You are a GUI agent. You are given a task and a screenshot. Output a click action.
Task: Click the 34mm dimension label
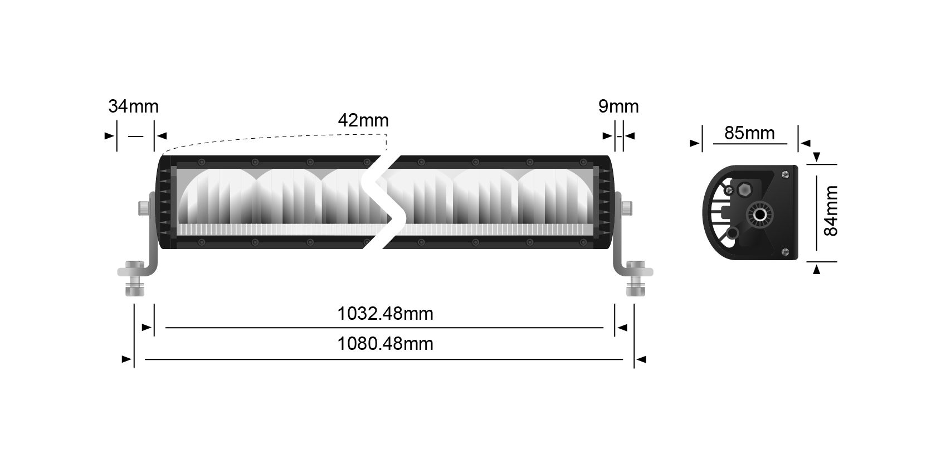133,106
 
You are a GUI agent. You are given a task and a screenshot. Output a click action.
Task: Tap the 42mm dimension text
363,120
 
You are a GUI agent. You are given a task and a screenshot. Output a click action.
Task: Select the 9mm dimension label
618,106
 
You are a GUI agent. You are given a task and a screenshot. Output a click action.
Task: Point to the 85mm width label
749,133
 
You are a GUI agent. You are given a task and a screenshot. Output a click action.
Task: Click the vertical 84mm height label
831,211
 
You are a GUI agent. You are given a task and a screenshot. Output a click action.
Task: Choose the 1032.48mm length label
385,313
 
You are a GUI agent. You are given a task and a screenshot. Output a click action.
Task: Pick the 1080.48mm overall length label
385,344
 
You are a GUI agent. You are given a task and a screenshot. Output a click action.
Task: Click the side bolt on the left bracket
144,208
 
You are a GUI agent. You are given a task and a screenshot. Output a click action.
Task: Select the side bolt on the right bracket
626,208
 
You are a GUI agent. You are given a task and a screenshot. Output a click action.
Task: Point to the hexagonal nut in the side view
744,190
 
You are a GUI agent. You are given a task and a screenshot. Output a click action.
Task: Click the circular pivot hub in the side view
760,215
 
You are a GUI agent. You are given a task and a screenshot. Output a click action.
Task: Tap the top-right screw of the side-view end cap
785,175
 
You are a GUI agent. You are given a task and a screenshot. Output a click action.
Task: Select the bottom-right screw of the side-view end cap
785,251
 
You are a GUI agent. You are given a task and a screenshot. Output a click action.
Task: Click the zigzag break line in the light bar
380,202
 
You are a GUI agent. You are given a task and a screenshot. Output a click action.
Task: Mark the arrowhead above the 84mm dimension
817,157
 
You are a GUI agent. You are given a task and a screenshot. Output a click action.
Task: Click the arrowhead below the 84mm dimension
817,270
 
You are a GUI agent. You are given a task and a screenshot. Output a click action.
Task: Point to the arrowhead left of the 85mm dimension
694,144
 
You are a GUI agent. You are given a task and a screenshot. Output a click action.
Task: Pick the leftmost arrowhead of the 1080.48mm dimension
126,359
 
